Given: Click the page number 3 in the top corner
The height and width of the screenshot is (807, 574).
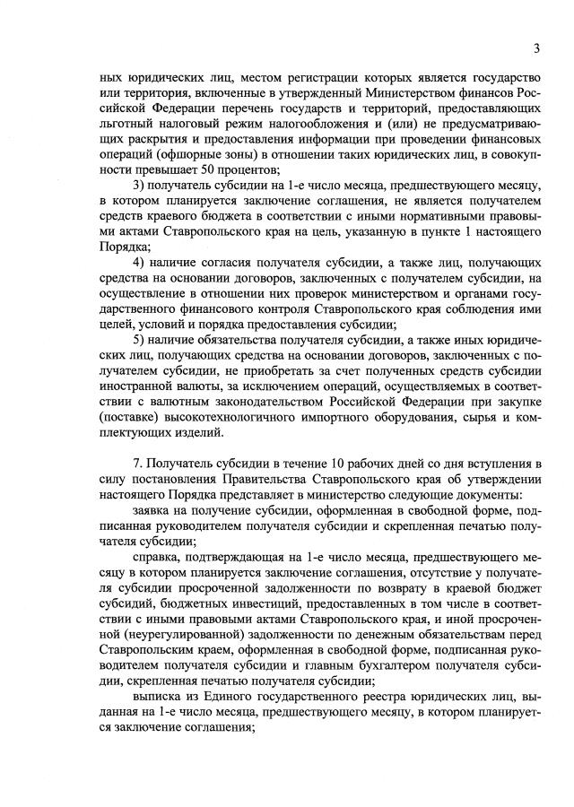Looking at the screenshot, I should [x=536, y=48].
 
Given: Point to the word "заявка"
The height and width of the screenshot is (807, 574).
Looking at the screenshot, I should [x=152, y=509].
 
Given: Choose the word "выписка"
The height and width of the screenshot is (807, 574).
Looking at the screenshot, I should [x=156, y=694].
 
